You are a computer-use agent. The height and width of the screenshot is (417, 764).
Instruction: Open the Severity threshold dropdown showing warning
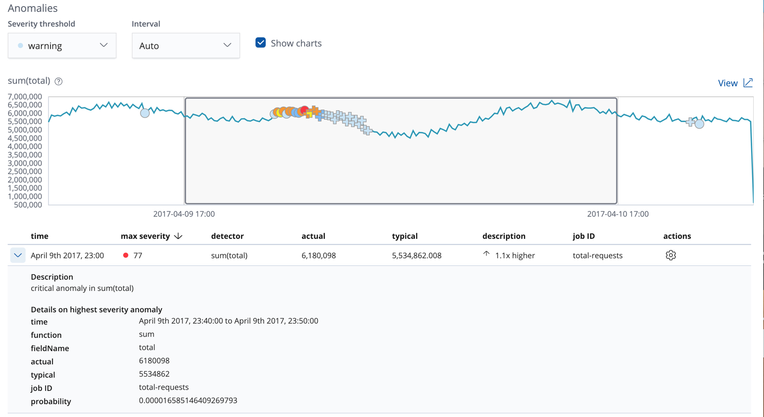coord(62,46)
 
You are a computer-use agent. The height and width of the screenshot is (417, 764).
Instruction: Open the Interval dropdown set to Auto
coord(186,46)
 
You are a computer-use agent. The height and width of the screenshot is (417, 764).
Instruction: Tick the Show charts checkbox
coord(261,43)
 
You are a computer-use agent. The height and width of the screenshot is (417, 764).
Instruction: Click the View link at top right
coord(734,83)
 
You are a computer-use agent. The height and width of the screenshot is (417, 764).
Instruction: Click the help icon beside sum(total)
coord(59,81)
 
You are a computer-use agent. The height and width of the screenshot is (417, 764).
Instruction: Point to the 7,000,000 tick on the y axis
coord(25,96)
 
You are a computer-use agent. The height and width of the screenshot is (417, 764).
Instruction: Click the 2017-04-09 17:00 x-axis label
coord(184,214)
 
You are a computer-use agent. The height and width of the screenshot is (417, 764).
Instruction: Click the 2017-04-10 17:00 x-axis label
coord(617,214)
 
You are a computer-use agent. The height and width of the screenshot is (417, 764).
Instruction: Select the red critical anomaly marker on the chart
coord(305,110)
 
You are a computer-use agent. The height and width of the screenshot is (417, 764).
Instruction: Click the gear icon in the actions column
coord(670,255)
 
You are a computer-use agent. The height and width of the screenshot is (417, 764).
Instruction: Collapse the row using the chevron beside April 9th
coord(18,255)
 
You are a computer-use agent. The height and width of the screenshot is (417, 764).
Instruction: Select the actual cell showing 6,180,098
coord(318,255)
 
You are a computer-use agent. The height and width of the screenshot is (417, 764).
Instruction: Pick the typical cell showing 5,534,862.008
coord(416,255)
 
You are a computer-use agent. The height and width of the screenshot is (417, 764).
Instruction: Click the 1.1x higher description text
coord(515,255)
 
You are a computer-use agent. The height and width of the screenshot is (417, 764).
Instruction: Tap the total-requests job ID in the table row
coord(597,255)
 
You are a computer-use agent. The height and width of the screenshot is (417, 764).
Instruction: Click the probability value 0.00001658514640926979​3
coord(188,401)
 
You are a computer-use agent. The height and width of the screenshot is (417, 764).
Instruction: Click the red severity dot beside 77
coord(126,255)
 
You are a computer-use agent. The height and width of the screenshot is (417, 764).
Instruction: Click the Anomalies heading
coord(33,8)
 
